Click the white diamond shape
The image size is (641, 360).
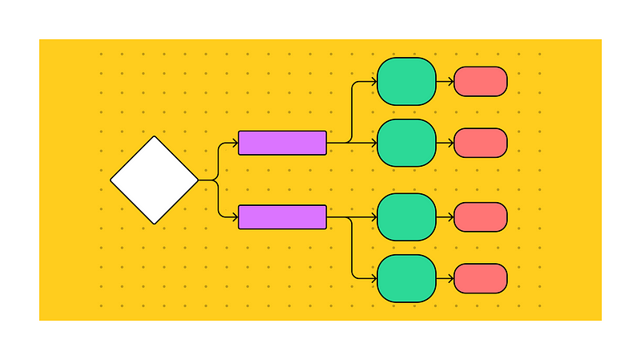pos(154,180)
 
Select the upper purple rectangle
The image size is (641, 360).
pos(282,143)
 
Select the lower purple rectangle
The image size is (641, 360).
pos(282,216)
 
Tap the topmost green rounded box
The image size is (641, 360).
pos(406,81)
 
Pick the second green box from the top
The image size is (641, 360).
pos(406,143)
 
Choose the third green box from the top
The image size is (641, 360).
pos(406,216)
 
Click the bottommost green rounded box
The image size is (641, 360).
pos(406,278)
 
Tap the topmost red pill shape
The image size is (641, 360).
pos(480,81)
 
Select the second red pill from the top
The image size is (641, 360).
pos(480,143)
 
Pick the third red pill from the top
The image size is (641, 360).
pos(480,216)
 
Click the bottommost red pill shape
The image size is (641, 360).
pos(480,278)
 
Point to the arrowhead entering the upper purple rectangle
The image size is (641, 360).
pos(236,143)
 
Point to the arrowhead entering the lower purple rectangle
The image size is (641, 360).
pos(236,216)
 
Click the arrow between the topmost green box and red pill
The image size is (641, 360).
pos(445,81)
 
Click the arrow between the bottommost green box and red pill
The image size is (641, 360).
pos(445,278)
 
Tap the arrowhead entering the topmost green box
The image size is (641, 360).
pos(374,81)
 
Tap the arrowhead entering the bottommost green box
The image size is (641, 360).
pos(374,278)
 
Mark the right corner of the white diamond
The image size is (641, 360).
pos(197,180)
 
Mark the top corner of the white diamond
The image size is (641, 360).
pos(154,137)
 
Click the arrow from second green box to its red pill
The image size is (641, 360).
pos(445,143)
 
